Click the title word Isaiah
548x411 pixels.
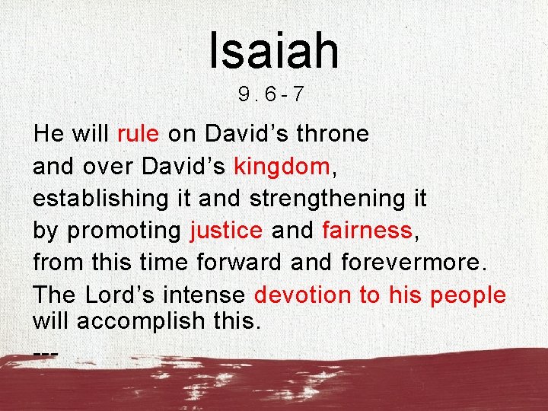tap(274, 49)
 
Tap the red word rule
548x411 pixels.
tap(138, 134)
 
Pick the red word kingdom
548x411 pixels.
tap(282, 166)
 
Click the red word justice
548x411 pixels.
tap(227, 231)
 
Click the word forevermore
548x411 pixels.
tap(411, 263)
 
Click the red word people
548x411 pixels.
tap(467, 295)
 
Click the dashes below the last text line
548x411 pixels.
tap(46, 354)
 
